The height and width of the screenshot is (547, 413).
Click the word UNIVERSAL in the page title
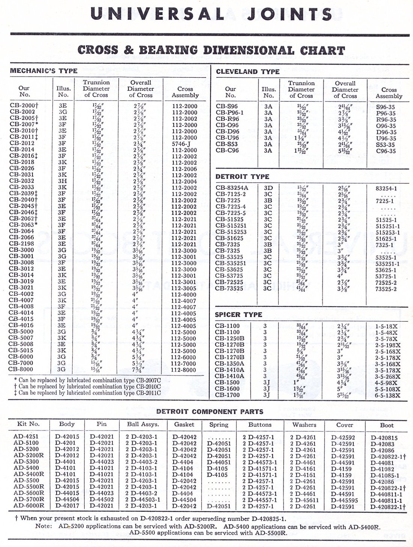pyautogui.click(x=157, y=14)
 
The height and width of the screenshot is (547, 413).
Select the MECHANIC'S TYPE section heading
pyautogui.click(x=43, y=71)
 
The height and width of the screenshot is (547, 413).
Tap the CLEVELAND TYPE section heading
pyautogui.click(x=248, y=71)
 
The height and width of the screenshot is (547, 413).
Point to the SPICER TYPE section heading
pyautogui.click(x=238, y=315)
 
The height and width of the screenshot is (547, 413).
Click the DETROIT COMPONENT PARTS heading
pyautogui.click(x=209, y=411)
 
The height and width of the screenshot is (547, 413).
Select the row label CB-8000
pyautogui.click(x=21, y=369)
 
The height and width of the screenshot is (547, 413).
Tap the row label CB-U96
pyautogui.click(x=227, y=138)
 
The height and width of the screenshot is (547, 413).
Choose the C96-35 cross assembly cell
pyautogui.click(x=386, y=151)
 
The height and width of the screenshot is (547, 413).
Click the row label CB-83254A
pyautogui.click(x=232, y=188)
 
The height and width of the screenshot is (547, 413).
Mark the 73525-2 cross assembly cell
pyautogui.click(x=386, y=289)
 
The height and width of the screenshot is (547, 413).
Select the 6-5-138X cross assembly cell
pyautogui.click(x=388, y=395)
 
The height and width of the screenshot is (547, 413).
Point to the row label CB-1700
pyautogui.click(x=227, y=395)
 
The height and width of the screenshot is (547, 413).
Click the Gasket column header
pyautogui.click(x=184, y=424)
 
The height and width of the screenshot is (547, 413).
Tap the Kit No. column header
pyautogui.click(x=28, y=424)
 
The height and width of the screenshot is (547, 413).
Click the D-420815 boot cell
pyautogui.click(x=384, y=438)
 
